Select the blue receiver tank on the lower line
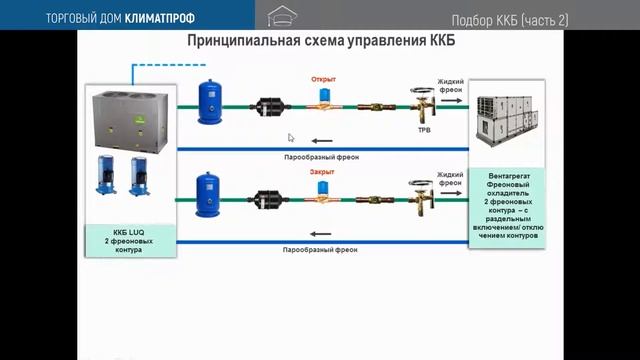click(x=210, y=187)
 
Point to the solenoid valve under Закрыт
click(x=325, y=192)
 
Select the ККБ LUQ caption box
click(x=129, y=237)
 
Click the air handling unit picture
click(x=510, y=117)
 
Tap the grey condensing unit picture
click(x=129, y=114)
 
